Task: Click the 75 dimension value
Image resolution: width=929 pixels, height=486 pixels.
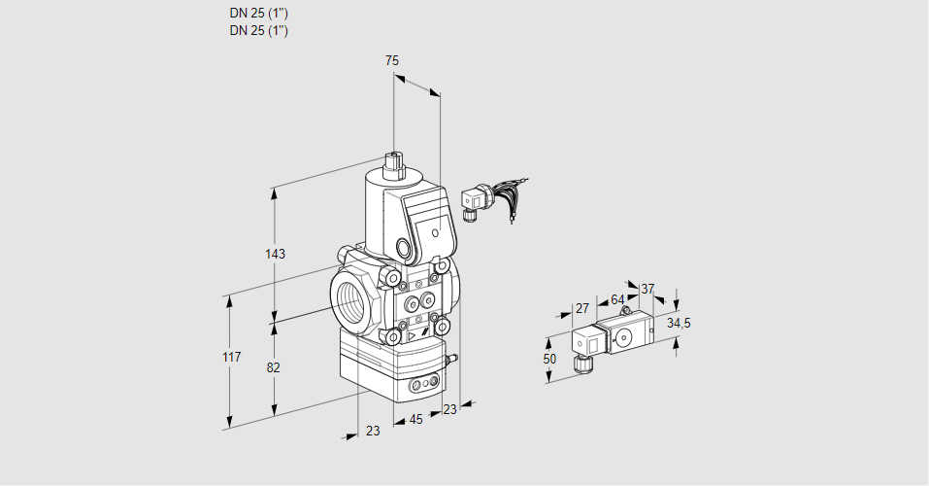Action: coord(392,61)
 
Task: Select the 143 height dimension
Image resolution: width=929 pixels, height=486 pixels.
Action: coord(275,255)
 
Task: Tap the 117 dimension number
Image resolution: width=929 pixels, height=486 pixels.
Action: coord(230,359)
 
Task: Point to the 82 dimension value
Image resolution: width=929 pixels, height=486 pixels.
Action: coord(274,367)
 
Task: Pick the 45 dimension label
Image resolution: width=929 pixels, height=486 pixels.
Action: coord(415,420)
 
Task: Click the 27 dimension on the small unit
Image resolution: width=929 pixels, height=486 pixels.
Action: coord(582,309)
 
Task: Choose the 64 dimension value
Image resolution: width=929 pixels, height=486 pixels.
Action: coord(617,299)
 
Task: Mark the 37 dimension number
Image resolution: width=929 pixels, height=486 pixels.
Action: coord(648,289)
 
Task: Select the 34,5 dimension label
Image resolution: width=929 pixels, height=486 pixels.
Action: coord(679,323)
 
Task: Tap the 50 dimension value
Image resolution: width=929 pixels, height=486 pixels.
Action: coord(549,359)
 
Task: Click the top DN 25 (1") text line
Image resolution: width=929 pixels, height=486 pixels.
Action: coord(259,14)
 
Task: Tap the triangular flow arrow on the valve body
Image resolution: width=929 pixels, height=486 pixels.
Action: coord(414,337)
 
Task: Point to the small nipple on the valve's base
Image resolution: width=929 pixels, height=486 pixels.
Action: coord(449,360)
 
